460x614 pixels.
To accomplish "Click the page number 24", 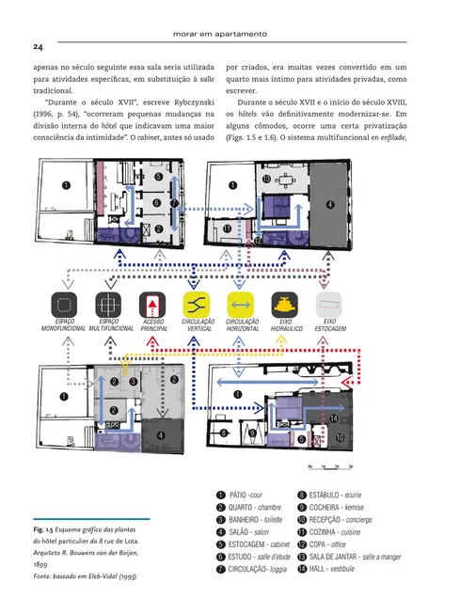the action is [x=37, y=47].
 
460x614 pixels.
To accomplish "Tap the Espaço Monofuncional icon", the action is [x=64, y=305].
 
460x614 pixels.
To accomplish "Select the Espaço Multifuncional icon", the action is [x=107, y=305].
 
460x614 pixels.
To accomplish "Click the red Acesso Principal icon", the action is [x=152, y=305].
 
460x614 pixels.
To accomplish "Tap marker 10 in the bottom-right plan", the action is [x=340, y=438].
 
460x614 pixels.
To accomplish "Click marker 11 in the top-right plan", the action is [x=227, y=228].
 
